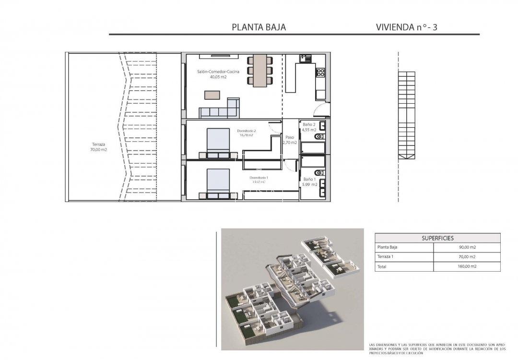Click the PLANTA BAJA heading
click(x=259, y=27)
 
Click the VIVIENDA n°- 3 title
click(x=406, y=27)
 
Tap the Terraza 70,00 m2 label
click(x=98, y=147)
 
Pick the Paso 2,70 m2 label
click(x=290, y=140)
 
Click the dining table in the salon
click(x=260, y=71)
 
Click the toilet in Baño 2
click(x=319, y=137)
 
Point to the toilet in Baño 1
click(x=319, y=173)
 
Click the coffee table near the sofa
click(x=212, y=95)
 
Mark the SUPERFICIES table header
click(x=437, y=238)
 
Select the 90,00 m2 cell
click(x=467, y=248)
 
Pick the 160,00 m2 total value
click(x=467, y=266)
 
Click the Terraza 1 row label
click(x=386, y=257)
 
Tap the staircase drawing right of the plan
click(x=407, y=115)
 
